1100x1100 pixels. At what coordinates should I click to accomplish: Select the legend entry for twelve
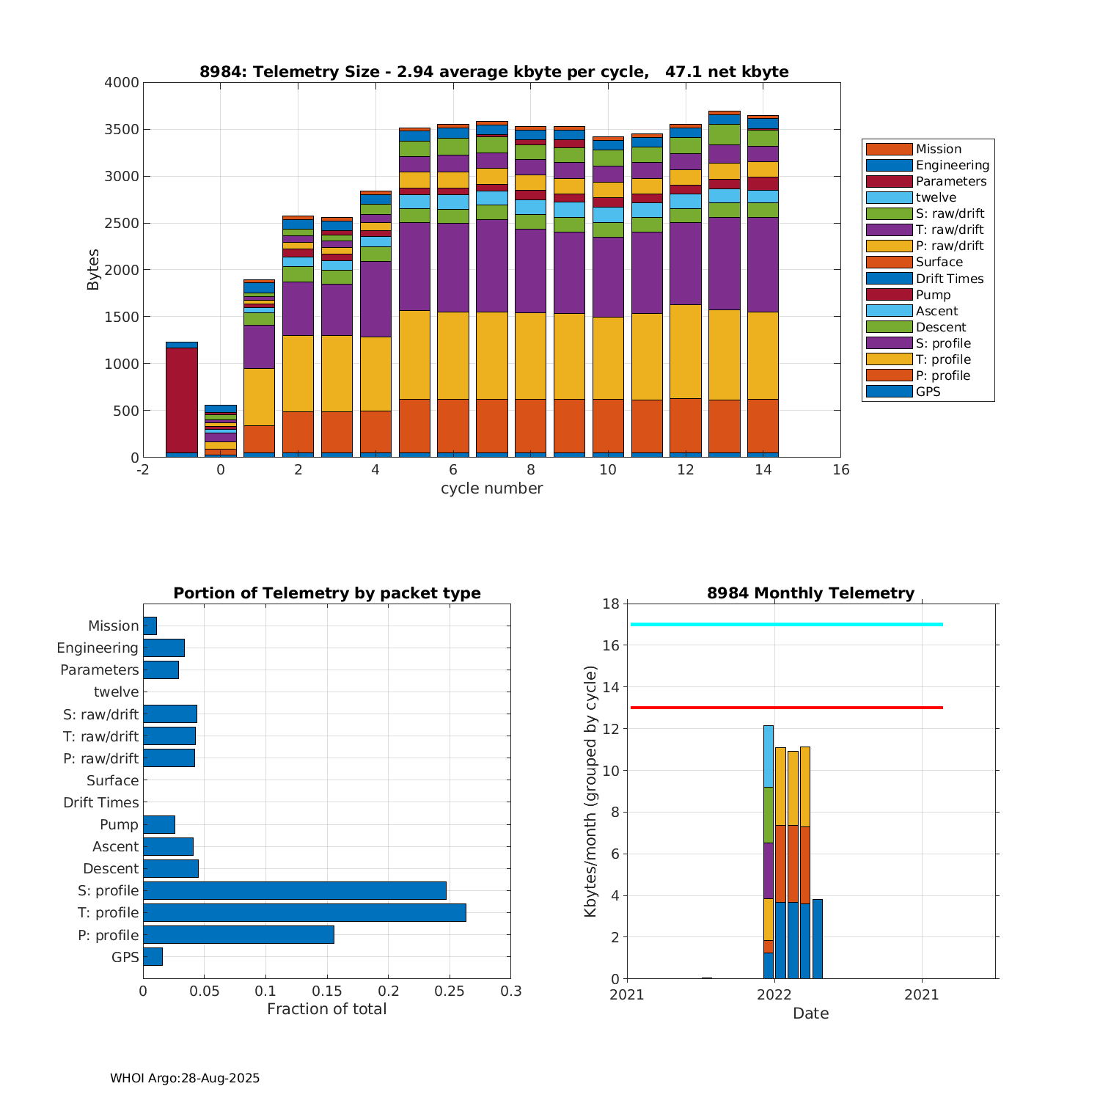click(936, 197)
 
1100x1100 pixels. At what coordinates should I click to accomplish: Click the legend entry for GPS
click(928, 392)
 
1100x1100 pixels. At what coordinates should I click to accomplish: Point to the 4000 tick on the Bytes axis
click(122, 83)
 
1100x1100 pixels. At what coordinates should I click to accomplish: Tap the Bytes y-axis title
click(93, 270)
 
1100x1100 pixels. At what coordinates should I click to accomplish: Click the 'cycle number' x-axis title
click(491, 488)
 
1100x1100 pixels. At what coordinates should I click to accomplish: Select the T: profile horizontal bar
click(304, 912)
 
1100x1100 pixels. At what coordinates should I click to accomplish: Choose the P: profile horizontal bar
click(238, 934)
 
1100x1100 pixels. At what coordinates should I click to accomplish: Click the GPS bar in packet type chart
click(153, 956)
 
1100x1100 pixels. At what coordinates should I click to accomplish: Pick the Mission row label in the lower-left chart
click(114, 626)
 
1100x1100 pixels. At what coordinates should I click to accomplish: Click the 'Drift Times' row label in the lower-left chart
click(101, 802)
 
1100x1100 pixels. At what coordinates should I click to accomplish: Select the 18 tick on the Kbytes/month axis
click(611, 604)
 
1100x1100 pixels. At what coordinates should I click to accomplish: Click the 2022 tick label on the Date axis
click(774, 994)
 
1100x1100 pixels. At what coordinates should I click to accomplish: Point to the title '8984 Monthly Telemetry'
click(810, 593)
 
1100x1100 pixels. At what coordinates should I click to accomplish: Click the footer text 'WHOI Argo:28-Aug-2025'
click(185, 1078)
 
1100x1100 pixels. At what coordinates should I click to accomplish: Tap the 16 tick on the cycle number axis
click(840, 469)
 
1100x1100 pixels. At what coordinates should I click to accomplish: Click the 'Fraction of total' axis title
click(326, 1009)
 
